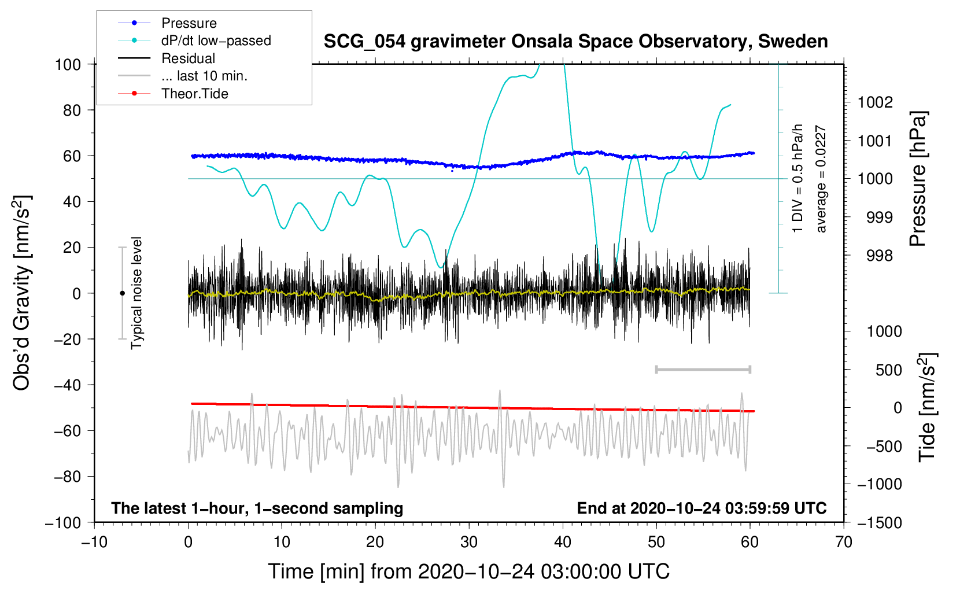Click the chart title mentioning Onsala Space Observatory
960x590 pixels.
[x=575, y=42]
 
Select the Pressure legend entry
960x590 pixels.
[x=189, y=23]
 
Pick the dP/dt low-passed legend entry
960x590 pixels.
[x=216, y=40]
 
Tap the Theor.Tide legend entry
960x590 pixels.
[x=194, y=94]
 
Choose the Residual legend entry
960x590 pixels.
[x=188, y=58]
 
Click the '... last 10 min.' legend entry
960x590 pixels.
[x=204, y=76]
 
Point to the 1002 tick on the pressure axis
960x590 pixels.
[x=875, y=102]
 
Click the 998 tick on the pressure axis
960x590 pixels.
[x=879, y=255]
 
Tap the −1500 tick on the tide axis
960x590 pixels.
[x=879, y=522]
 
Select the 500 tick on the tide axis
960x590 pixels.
[x=888, y=370]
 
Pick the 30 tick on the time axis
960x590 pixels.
[x=469, y=542]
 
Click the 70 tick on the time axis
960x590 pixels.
[x=844, y=542]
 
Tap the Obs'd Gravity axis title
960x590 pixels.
[x=21, y=293]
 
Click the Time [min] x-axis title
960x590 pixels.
[x=468, y=571]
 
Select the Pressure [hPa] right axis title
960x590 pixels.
[x=918, y=179]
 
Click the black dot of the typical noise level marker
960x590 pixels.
[x=122, y=293]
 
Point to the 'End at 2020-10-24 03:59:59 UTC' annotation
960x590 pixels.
[x=701, y=508]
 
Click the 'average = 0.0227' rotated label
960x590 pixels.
[x=821, y=179]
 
